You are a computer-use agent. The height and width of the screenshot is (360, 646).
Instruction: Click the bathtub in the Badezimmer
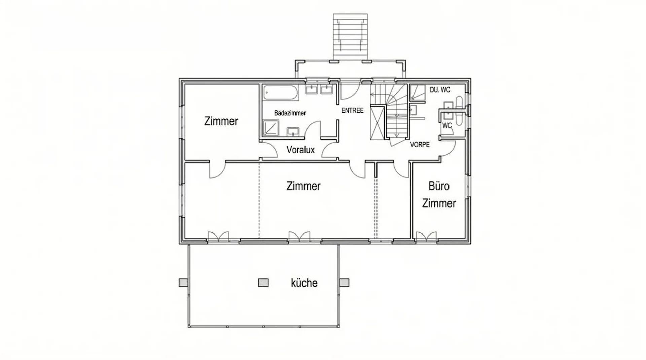click(x=281, y=93)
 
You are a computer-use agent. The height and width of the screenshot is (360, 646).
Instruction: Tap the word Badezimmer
click(x=290, y=113)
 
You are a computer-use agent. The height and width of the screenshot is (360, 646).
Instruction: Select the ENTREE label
click(x=352, y=110)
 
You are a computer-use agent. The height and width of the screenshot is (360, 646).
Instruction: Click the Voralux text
click(x=300, y=150)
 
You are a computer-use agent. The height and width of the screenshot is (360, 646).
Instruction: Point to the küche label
click(x=304, y=283)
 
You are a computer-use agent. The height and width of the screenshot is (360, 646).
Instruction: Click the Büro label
click(x=439, y=186)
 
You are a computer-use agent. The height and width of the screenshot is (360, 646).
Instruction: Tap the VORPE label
click(x=420, y=145)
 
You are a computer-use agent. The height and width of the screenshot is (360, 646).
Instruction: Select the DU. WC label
click(x=440, y=90)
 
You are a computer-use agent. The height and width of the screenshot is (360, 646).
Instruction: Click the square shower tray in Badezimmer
click(x=271, y=128)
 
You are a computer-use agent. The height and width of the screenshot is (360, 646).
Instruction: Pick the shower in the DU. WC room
click(x=417, y=93)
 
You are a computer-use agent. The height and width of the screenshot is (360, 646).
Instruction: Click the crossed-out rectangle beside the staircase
click(x=377, y=122)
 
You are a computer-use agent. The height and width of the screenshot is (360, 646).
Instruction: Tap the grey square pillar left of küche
click(x=263, y=283)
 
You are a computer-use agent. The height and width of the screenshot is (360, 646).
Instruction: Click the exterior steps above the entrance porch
click(x=350, y=36)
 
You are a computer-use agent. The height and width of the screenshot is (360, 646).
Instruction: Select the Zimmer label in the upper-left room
click(x=221, y=121)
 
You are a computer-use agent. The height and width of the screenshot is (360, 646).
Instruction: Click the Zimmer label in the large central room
click(x=303, y=186)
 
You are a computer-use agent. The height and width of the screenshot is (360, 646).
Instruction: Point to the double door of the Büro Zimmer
click(x=426, y=237)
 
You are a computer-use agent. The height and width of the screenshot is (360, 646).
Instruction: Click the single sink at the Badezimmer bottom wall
click(x=293, y=132)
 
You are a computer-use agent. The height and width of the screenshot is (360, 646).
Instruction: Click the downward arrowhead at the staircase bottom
click(x=397, y=135)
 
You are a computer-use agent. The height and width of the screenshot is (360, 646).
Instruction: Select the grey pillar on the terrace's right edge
click(x=344, y=283)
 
